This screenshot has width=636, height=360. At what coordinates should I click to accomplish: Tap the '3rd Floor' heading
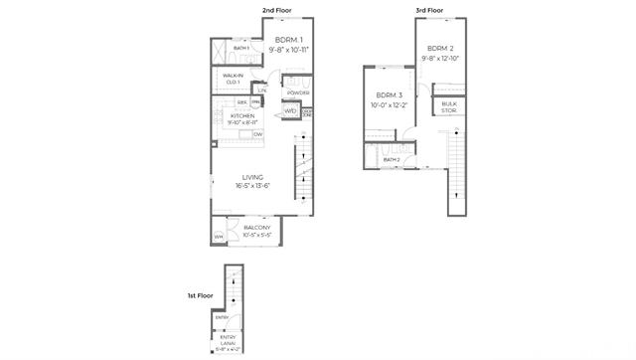[x=428, y=11]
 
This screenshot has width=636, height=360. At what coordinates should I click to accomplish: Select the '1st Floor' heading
[x=200, y=295]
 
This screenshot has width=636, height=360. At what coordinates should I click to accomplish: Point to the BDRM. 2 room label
[x=440, y=49]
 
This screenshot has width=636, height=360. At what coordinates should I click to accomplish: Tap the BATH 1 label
[x=241, y=48]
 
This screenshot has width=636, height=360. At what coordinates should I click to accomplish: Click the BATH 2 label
[x=392, y=159]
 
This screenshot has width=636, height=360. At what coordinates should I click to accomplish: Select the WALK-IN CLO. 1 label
[x=234, y=79]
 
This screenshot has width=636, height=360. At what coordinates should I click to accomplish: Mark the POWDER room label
[x=298, y=92]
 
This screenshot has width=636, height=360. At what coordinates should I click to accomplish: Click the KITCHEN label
[x=243, y=116]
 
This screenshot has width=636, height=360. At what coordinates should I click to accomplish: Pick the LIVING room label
[x=252, y=177]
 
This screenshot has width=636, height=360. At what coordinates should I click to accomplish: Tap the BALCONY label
[x=257, y=228]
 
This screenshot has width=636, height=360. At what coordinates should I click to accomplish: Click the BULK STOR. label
[x=449, y=106]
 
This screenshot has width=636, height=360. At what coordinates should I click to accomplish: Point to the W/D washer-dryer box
[x=291, y=110]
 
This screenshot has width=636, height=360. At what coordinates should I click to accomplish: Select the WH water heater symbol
[x=219, y=237]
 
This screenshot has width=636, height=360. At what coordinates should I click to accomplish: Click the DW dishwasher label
[x=257, y=133]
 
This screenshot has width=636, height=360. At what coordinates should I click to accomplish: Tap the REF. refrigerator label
[x=241, y=101]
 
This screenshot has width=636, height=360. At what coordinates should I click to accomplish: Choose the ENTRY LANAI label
[x=228, y=340]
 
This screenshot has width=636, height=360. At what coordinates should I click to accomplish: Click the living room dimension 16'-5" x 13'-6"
[x=252, y=187]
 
